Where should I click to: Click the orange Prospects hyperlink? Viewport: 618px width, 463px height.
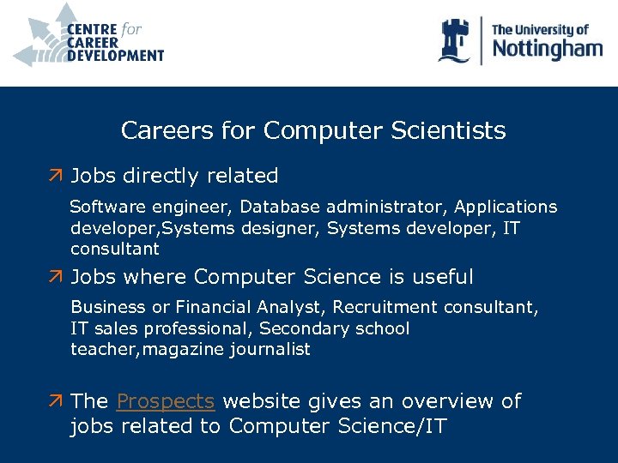pos(165,401)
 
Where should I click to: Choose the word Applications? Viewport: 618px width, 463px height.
pos(506,207)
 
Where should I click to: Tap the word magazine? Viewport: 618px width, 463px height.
pos(183,350)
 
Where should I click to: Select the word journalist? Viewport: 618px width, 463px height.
pos(270,350)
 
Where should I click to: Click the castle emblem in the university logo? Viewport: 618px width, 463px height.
pos(456,40)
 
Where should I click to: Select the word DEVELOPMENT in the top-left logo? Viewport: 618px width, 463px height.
pos(115,56)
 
